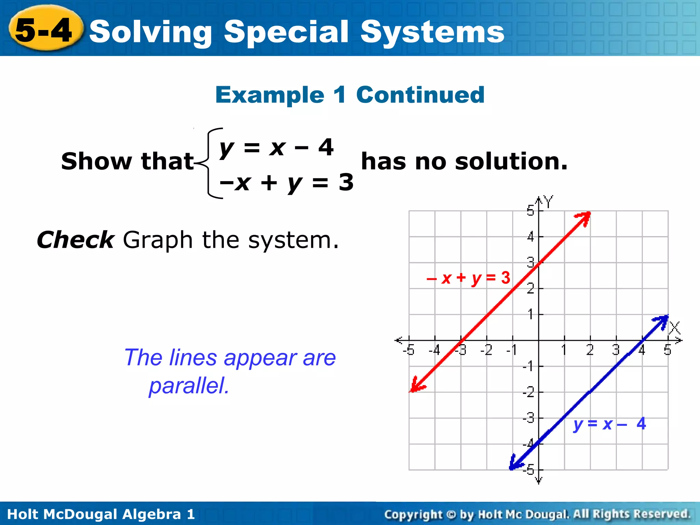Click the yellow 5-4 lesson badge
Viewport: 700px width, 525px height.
[44, 30]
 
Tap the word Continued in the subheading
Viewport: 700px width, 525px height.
[420, 95]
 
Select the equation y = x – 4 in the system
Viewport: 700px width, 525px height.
[276, 148]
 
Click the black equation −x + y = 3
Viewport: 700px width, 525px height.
[286, 182]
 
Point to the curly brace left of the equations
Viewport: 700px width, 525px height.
[209, 163]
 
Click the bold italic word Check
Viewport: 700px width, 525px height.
[75, 240]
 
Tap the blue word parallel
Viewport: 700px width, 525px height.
[189, 386]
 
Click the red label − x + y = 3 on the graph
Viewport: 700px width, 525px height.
[468, 278]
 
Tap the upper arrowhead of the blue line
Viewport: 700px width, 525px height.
[662, 321]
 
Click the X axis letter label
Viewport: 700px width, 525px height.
[674, 328]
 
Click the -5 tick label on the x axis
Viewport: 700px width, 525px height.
[408, 350]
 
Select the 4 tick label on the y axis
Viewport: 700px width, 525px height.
[530, 237]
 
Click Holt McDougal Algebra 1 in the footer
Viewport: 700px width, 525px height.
[101, 514]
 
